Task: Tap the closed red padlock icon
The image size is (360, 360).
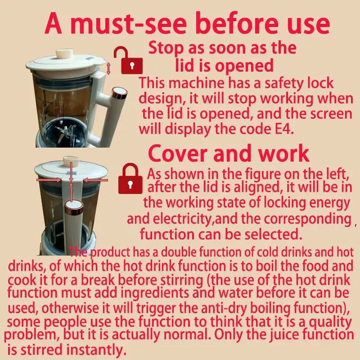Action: pos(130,179)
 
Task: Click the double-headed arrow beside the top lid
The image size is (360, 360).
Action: pos(108,68)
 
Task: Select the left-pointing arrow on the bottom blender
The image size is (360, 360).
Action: pos(95,180)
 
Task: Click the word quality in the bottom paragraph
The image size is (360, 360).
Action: pos(330,322)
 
